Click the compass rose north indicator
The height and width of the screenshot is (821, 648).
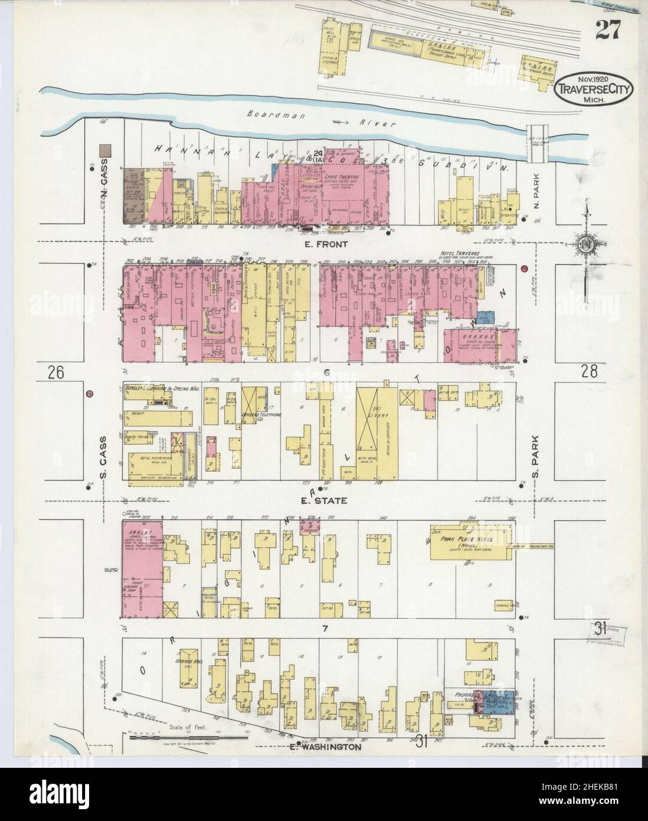point(585,243)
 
